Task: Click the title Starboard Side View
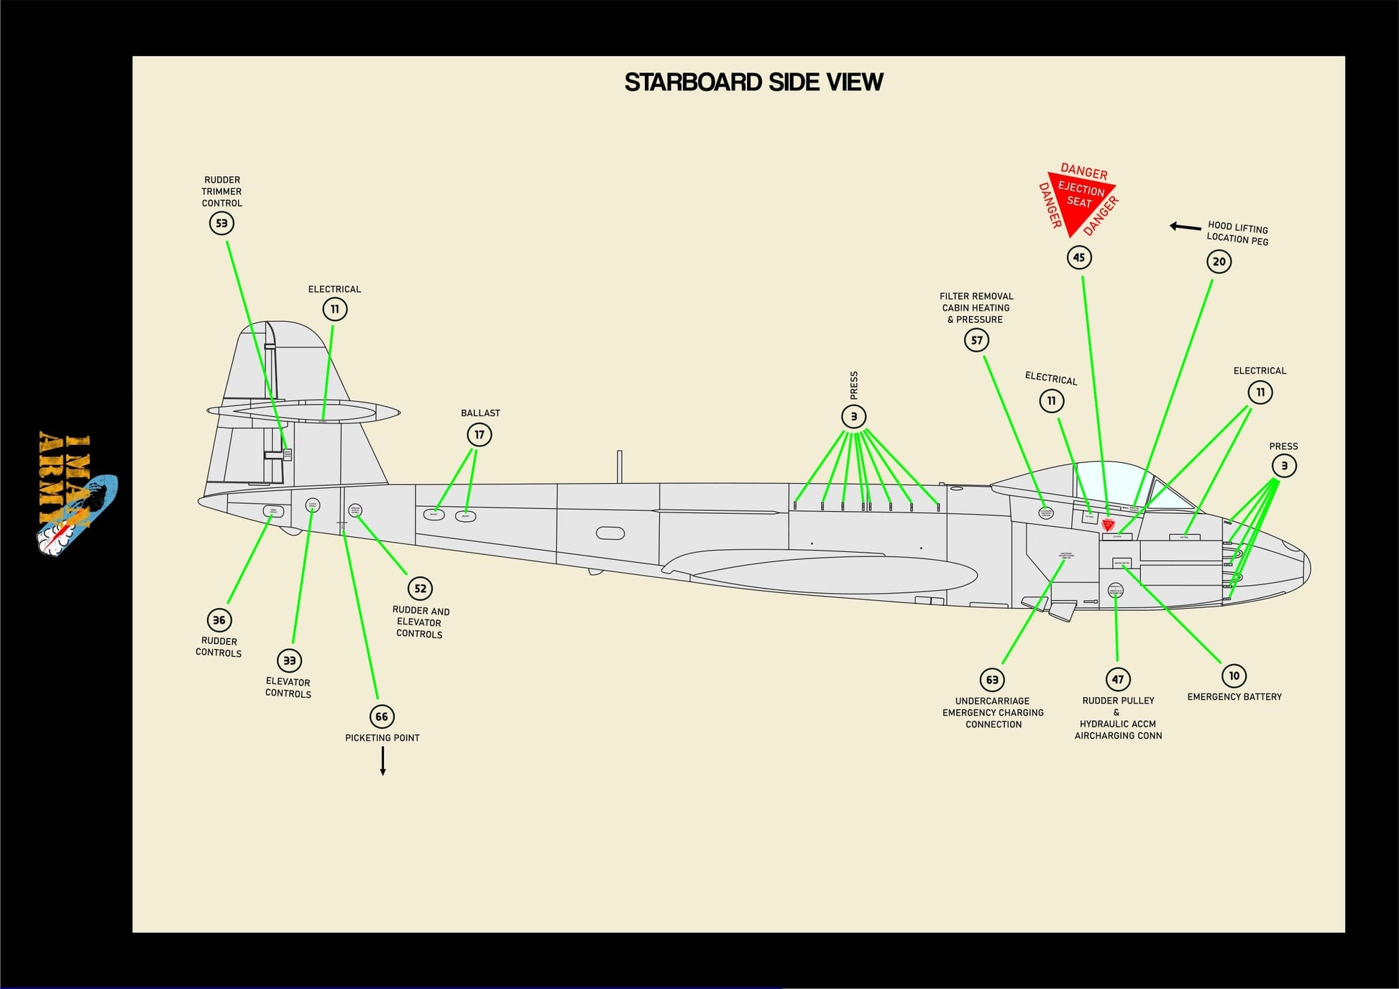tap(753, 83)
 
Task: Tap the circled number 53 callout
tap(221, 224)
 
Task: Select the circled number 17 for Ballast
tap(480, 435)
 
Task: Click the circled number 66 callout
tap(382, 717)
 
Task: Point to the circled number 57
tap(976, 341)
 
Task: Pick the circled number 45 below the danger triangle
tap(1079, 258)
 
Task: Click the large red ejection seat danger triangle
tap(1078, 201)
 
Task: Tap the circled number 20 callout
tap(1219, 262)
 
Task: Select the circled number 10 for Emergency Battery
tap(1234, 676)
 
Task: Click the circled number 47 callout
tap(1118, 679)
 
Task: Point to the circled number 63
tap(992, 680)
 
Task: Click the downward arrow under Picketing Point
tap(382, 761)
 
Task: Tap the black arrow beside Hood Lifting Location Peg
tap(1185, 227)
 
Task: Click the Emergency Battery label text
tap(1234, 697)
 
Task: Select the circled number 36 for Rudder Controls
tap(219, 620)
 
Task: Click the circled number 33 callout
tap(289, 661)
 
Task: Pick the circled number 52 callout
tap(421, 589)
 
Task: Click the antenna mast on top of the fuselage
tap(619, 466)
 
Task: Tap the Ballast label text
tap(480, 413)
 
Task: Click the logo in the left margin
tap(75, 494)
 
